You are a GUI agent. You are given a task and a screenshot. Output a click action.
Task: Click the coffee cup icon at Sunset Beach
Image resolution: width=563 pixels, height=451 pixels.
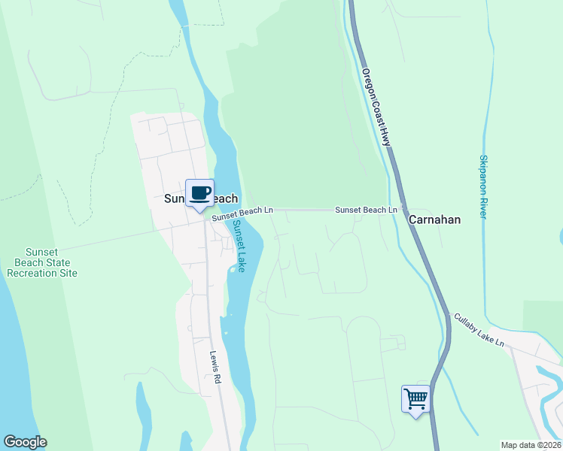coord(199,193)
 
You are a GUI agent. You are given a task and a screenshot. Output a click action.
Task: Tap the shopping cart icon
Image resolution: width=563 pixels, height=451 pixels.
coord(415,399)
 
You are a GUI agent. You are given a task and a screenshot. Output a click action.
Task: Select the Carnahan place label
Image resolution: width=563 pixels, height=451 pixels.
coord(434,219)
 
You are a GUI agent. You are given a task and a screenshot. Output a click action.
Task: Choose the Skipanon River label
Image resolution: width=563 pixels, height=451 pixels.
coord(482,187)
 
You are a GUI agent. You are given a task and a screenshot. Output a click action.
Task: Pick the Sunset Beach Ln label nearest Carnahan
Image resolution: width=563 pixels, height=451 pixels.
coord(366,210)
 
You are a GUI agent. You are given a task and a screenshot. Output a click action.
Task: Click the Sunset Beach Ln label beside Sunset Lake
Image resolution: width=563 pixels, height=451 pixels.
coord(242,214)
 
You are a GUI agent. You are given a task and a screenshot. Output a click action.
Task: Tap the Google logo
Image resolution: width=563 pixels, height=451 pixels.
coord(25,442)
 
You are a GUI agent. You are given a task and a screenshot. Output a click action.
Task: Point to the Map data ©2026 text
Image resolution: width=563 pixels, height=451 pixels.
coord(531,445)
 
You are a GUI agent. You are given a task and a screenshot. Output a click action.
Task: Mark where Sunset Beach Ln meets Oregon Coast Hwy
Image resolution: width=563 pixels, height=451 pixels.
coord(400,210)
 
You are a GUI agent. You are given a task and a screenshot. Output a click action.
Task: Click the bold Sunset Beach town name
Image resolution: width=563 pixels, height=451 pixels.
coord(201,199)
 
